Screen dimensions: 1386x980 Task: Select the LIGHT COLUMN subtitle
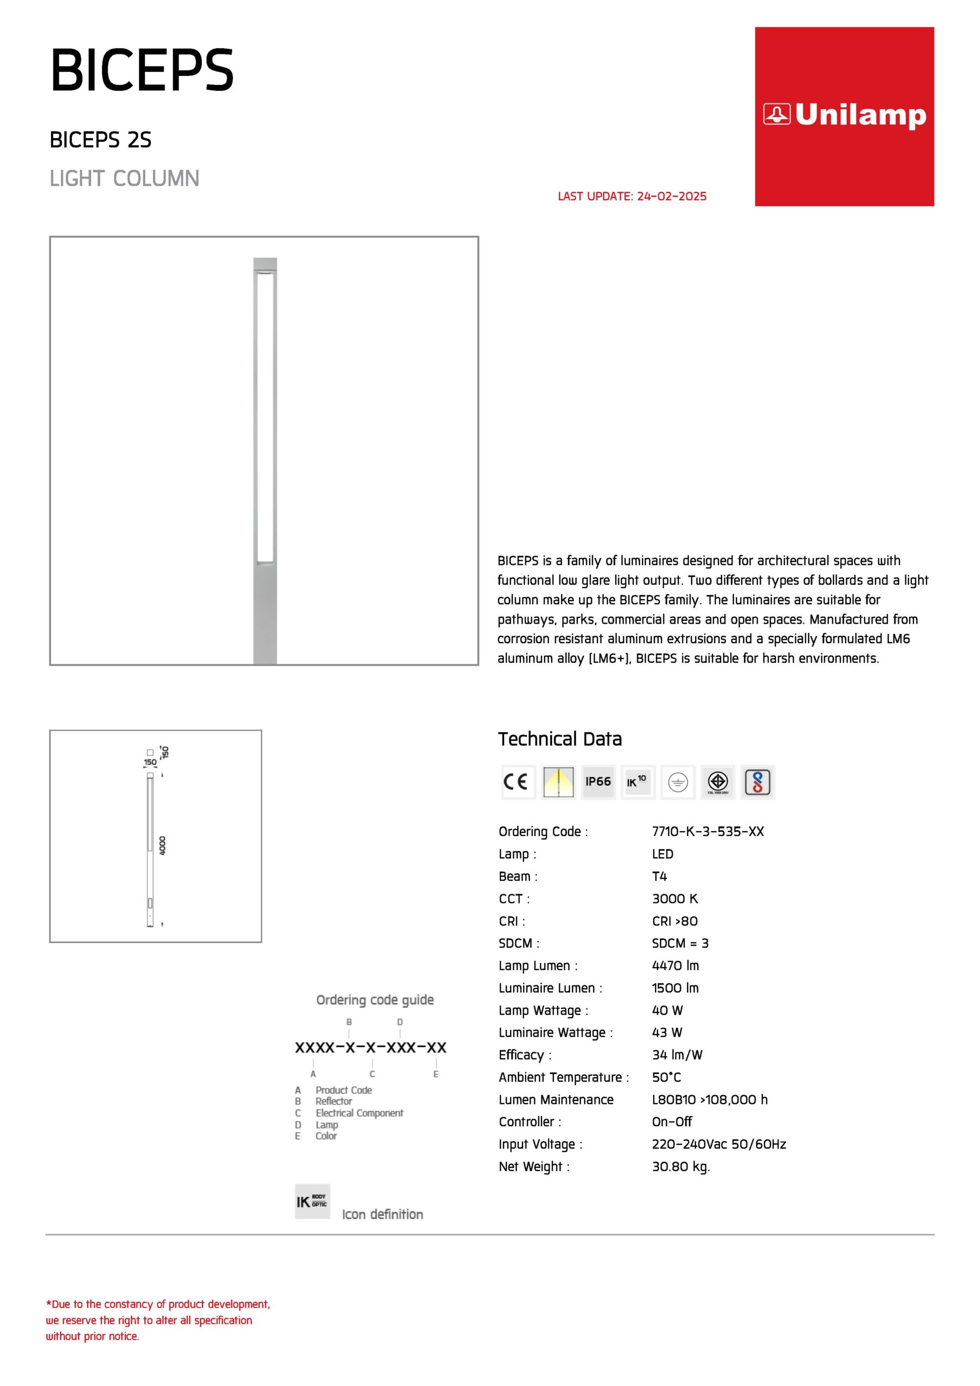[x=125, y=179]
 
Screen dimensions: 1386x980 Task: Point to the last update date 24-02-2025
[x=632, y=196]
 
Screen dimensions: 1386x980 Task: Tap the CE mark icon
[x=518, y=782]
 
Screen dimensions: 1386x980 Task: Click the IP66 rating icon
[x=598, y=782]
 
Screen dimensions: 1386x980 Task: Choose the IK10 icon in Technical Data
[x=638, y=782]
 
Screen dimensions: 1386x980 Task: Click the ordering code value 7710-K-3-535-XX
[x=708, y=831]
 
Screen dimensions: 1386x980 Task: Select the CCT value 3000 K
[x=675, y=898]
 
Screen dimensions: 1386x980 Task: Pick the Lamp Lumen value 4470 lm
[x=675, y=965]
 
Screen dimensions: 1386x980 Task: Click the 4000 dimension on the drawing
[x=162, y=845]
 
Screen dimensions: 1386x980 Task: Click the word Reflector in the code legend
[x=334, y=1101]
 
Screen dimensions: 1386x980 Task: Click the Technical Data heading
[x=560, y=739]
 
